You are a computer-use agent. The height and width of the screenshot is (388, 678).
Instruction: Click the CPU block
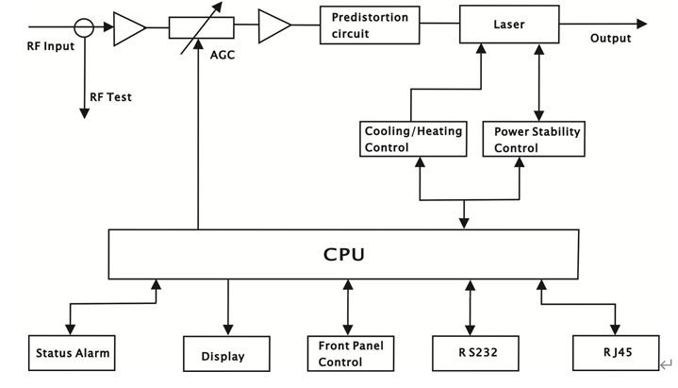(x=343, y=254)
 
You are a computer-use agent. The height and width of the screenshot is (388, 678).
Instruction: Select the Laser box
(x=509, y=24)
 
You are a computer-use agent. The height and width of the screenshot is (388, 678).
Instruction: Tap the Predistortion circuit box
(x=370, y=25)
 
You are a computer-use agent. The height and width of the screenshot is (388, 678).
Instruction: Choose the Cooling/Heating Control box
(x=413, y=140)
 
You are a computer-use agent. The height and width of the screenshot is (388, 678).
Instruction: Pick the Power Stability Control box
(x=537, y=140)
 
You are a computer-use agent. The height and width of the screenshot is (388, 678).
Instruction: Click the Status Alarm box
(x=72, y=353)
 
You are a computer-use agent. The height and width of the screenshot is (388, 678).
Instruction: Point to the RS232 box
(x=470, y=353)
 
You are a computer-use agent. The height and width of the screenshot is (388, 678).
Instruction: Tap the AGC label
(x=222, y=55)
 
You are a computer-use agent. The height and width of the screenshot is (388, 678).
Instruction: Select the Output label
(x=611, y=39)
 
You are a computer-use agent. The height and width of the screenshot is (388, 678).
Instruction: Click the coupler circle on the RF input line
(x=85, y=25)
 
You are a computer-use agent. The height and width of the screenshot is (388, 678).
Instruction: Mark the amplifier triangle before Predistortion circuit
(x=273, y=25)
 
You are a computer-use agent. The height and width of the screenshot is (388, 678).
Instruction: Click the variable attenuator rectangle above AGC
(x=200, y=26)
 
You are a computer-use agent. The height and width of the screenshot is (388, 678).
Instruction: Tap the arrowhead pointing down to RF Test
(x=85, y=113)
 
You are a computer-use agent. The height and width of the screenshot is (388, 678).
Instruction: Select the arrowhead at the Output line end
(x=641, y=24)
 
